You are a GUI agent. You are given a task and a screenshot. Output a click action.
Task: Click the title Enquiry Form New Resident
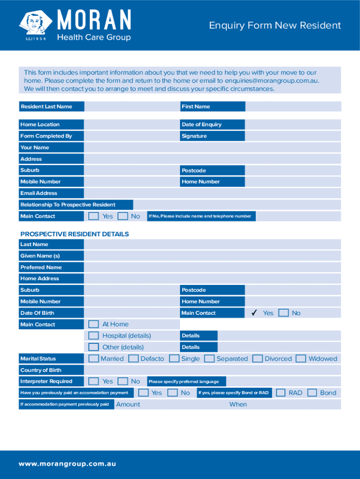275,25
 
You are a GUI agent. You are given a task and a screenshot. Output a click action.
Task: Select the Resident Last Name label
46,107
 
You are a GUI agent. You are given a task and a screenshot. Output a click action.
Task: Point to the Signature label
194,136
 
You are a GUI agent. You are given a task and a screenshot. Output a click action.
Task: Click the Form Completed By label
46,136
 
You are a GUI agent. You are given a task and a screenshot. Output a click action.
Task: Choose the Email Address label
39,193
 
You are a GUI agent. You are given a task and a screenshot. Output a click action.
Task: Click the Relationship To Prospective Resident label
68,204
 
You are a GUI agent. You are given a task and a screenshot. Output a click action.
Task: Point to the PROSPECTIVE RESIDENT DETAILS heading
74,234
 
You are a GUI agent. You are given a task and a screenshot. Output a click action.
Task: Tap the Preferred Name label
41,268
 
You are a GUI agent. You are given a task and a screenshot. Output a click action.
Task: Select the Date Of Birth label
37,313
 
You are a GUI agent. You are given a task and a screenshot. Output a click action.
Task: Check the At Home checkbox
94,324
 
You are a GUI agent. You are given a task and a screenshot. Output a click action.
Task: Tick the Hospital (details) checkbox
94,335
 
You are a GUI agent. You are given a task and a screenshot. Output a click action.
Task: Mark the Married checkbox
94,359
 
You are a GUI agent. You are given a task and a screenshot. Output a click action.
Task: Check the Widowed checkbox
301,359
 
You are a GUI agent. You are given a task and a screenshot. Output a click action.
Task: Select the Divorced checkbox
257,359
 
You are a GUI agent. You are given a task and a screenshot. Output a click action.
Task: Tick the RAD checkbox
281,393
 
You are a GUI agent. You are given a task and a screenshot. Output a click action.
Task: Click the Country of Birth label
41,370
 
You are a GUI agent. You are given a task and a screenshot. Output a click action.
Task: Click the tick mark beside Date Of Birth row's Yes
254,313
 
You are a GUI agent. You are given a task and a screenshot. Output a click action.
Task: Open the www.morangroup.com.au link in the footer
67,464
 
